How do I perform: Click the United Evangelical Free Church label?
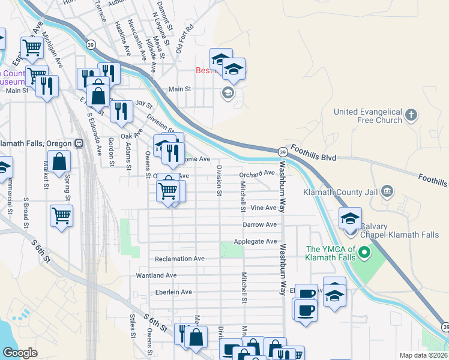pos(367,116)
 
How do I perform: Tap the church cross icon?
pos(411,115)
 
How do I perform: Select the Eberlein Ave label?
pos(173,292)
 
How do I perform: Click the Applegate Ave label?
pos(259,241)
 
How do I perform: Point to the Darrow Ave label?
pos(259,224)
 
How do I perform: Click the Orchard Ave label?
pos(256,173)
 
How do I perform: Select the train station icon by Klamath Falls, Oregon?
pos(79,144)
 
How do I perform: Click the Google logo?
pos(19,352)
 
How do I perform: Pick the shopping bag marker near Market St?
pos(59,161)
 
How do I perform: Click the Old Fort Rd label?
pos(184,39)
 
